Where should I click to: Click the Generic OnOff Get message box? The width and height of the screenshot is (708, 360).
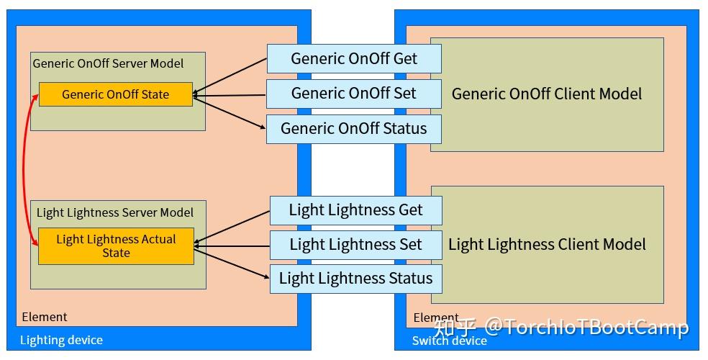tap(353, 58)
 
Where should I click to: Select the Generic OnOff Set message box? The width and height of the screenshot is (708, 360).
tap(353, 94)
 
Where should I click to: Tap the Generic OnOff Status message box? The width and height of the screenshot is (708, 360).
tap(353, 129)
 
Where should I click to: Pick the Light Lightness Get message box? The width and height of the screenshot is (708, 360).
tap(355, 210)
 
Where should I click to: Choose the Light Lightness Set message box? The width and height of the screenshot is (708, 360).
tap(355, 245)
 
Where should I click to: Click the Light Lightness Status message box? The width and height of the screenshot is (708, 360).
tap(355, 279)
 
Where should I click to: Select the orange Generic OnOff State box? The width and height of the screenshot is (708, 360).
tap(115, 94)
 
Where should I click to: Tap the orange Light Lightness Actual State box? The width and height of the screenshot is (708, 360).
tap(115, 246)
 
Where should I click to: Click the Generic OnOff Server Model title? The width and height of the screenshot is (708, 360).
tap(108, 63)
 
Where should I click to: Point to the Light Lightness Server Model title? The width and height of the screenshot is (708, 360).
tap(114, 212)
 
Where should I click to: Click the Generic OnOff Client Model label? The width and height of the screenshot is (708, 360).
tap(546, 94)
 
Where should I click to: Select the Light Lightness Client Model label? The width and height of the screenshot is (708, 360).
tap(546, 245)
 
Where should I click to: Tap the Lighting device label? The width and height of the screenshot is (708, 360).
tap(61, 340)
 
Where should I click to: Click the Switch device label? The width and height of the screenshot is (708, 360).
tap(449, 341)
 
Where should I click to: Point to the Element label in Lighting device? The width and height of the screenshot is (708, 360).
tap(45, 317)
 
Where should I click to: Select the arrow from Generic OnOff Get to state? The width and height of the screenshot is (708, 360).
tap(230, 75)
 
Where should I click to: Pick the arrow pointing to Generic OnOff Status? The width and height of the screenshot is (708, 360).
tap(230, 112)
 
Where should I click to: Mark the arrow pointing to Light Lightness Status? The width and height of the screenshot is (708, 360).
tap(232, 262)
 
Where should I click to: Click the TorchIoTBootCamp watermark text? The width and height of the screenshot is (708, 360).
tap(586, 328)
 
